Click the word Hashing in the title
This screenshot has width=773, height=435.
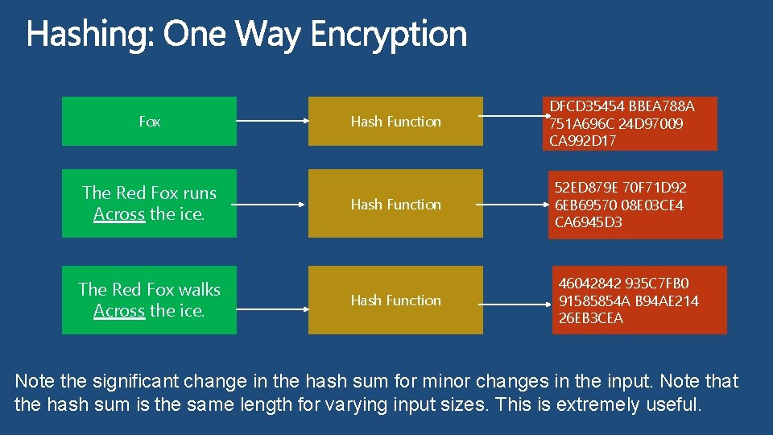[89, 35]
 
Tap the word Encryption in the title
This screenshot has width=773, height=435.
[388, 35]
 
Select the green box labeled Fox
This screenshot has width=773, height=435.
[149, 122]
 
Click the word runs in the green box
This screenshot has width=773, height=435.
[200, 193]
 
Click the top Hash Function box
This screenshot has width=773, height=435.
[395, 122]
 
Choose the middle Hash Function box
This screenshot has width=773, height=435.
[395, 204]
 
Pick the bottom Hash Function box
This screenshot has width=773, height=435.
[395, 300]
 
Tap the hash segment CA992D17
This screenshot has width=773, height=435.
[582, 142]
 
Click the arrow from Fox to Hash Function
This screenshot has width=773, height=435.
[272, 122]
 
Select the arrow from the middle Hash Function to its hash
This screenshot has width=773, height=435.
[512, 204]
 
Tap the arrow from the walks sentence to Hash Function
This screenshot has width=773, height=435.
[272, 300]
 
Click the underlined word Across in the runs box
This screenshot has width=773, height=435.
[119, 214]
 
